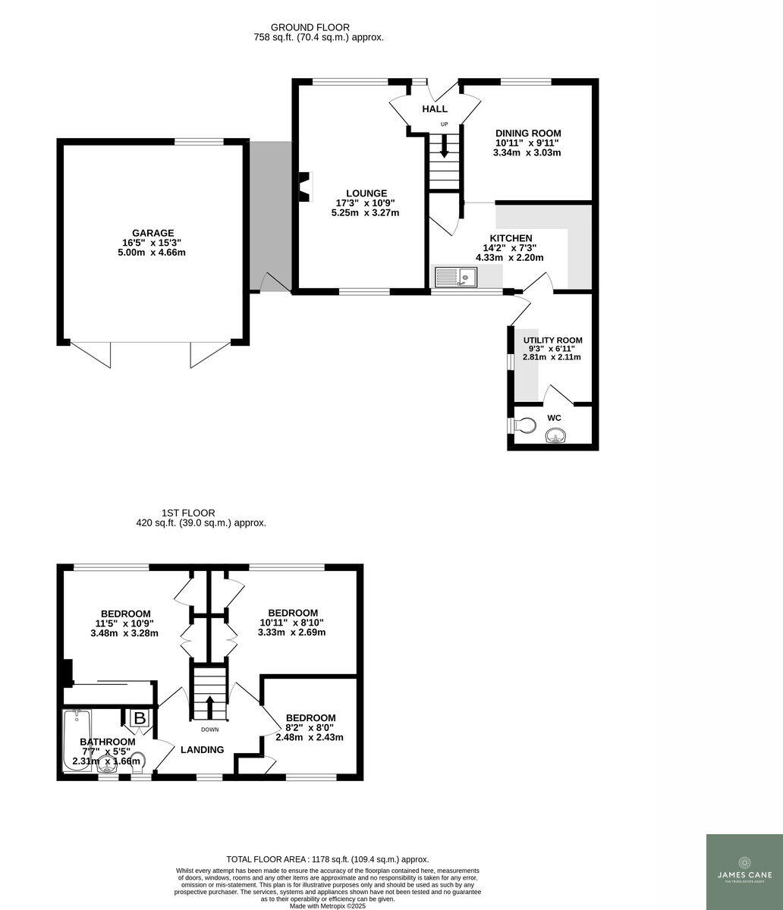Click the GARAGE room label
point(153,233)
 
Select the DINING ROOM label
point(528,133)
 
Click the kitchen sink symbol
point(455,277)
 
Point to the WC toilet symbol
point(524,425)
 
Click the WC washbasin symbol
point(555,435)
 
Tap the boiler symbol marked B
point(140,717)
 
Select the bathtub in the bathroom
point(77,739)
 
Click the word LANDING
point(202,750)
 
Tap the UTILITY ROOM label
point(552,340)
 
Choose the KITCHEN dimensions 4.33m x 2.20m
point(509,258)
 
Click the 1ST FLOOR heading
point(188,513)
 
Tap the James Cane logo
point(744,871)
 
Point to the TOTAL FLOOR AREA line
point(328,859)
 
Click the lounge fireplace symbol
point(305,187)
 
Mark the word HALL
point(435,109)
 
